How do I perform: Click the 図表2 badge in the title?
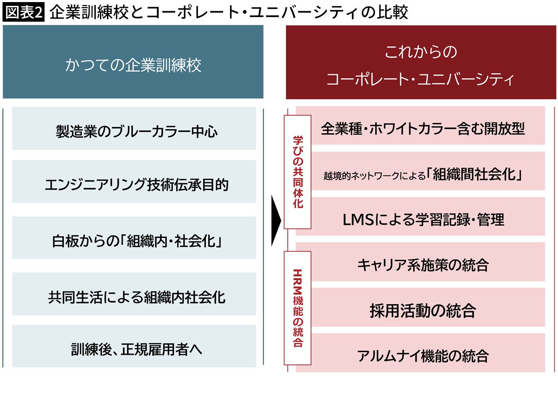(23, 12)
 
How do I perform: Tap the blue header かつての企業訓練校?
(133, 62)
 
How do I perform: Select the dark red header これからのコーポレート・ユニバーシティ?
(421, 62)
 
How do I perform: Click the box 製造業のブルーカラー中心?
(134, 128)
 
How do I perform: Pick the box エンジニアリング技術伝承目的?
(134, 182)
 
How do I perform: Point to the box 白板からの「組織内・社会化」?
(134, 238)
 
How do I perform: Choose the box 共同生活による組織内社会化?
(134, 294)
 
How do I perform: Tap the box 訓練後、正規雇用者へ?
(134, 346)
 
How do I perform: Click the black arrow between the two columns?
(276, 221)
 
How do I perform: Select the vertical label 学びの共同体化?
(298, 172)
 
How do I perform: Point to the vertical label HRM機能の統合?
(298, 308)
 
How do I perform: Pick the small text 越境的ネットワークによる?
(374, 176)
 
